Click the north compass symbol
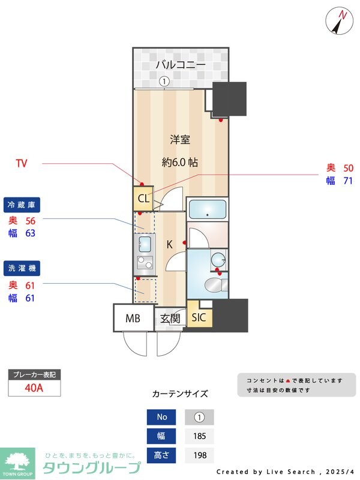click(340, 21)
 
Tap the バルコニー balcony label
click(181, 65)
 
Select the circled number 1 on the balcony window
click(164, 82)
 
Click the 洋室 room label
click(180, 140)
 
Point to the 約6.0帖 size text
click(180, 162)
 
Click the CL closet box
click(143, 199)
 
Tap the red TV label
click(22, 163)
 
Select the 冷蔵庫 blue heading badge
click(22, 205)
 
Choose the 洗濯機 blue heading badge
click(22, 268)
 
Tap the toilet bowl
click(213, 284)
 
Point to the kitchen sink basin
click(145, 243)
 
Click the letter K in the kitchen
click(169, 244)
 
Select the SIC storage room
click(198, 317)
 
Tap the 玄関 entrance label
click(170, 319)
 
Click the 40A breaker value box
click(34, 388)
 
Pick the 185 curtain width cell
click(199, 436)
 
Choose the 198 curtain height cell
click(199, 455)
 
